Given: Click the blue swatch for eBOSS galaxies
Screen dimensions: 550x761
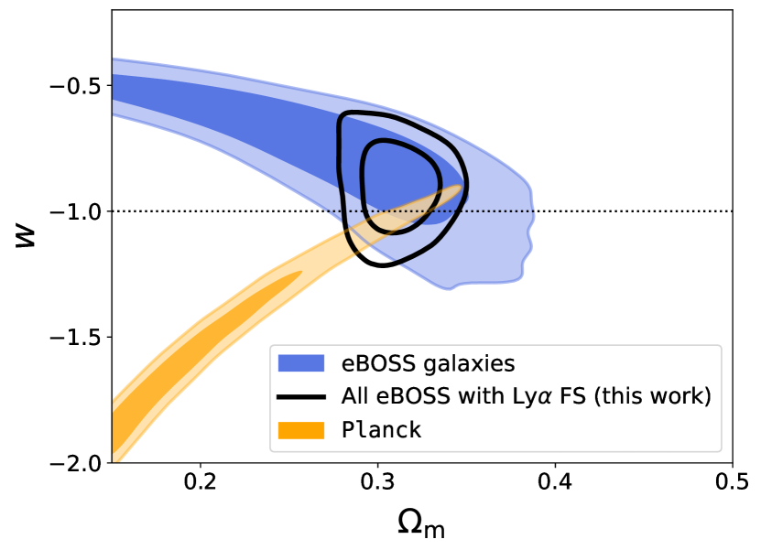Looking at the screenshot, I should pyautogui.click(x=301, y=363).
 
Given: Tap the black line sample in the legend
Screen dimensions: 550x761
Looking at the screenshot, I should pyautogui.click(x=301, y=397).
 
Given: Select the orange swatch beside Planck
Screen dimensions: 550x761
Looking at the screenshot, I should pyautogui.click(x=301, y=430).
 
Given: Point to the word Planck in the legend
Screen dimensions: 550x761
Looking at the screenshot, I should pyautogui.click(x=382, y=430).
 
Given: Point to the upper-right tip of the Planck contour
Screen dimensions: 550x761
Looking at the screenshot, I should pyautogui.click(x=461, y=188).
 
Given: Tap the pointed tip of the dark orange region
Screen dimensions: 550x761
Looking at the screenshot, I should pyautogui.click(x=299, y=273).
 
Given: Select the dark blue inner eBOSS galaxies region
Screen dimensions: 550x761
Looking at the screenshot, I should pyautogui.click(x=275, y=110).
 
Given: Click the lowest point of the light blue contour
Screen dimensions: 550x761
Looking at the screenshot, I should pyautogui.click(x=449, y=289).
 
